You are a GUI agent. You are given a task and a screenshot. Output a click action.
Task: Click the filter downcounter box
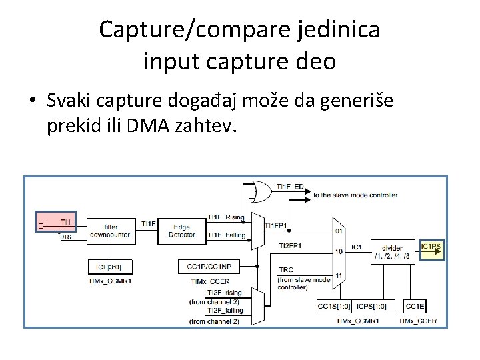click(111, 231)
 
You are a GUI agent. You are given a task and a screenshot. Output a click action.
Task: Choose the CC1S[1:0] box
click(333, 306)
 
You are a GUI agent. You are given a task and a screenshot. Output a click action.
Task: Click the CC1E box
click(415, 306)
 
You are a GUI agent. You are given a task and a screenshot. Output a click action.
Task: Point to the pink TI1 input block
click(57, 221)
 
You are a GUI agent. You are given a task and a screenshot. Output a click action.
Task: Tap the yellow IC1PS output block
click(431, 250)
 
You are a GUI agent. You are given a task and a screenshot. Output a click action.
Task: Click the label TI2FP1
click(290, 245)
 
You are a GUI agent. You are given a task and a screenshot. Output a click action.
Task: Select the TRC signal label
click(285, 270)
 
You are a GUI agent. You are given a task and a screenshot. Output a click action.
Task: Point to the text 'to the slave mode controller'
click(355, 195)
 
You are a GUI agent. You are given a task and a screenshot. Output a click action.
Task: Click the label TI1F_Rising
click(225, 217)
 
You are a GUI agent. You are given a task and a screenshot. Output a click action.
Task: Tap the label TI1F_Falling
click(225, 235)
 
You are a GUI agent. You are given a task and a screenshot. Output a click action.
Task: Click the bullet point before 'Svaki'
click(32, 102)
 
